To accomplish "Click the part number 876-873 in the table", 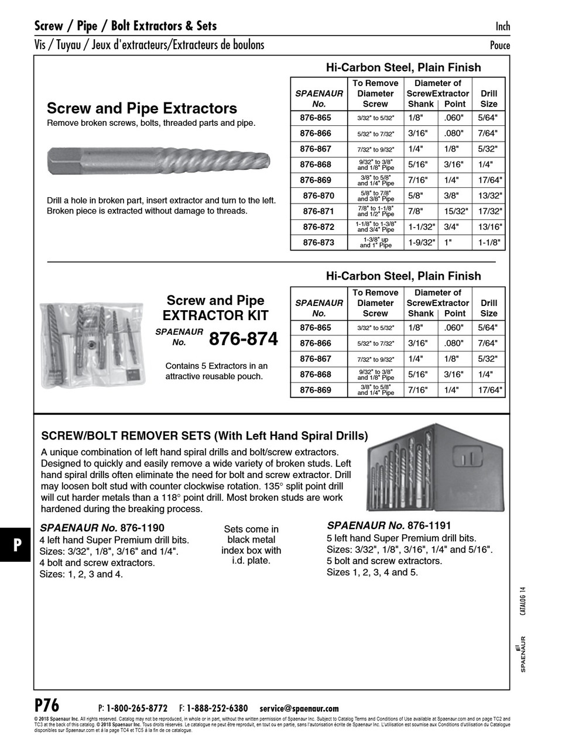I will [318, 242].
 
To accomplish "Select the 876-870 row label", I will [318, 195].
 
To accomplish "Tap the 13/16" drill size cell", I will [489, 227].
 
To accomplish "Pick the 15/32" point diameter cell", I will [455, 211].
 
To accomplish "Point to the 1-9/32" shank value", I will [421, 242].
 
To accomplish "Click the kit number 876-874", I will [243, 339].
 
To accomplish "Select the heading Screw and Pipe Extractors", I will [142, 108].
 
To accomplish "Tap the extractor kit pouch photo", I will [91, 345].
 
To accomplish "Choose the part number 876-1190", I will [142, 528].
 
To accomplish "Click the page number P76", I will [47, 705].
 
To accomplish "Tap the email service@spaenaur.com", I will [299, 708].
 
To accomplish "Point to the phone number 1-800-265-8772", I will [136, 708].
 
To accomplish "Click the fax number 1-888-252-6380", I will [217, 708].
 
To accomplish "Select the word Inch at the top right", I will [502, 26].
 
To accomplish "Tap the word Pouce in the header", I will [499, 46].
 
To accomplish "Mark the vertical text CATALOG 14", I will [523, 601].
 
